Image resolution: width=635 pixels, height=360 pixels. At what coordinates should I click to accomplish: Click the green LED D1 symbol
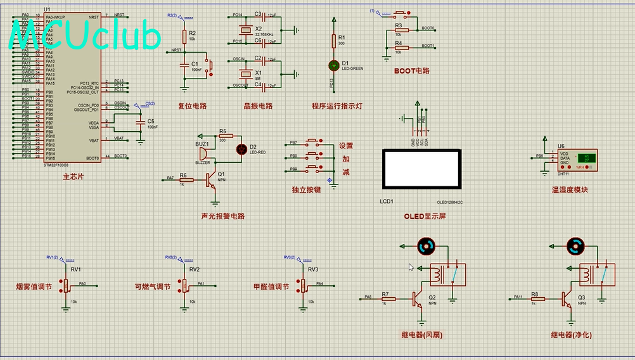pyautogui.click(x=334, y=65)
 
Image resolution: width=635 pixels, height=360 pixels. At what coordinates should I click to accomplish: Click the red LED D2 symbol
pyautogui.click(x=241, y=149)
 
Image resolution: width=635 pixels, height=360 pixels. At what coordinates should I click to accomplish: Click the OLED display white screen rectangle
pyautogui.click(x=421, y=169)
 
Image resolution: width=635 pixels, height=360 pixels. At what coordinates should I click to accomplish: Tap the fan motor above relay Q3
pyautogui.click(x=576, y=246)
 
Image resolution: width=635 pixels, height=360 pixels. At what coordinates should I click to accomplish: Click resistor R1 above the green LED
pyautogui.click(x=334, y=41)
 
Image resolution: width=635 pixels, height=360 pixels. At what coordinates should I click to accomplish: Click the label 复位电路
pyautogui.click(x=192, y=106)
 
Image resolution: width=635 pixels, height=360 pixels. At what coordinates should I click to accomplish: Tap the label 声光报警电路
pyautogui.click(x=222, y=216)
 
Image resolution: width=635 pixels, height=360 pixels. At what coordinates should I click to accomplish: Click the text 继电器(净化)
pyautogui.click(x=571, y=335)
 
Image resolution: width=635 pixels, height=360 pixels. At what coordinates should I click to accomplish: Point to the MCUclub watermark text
pyautogui.click(x=85, y=37)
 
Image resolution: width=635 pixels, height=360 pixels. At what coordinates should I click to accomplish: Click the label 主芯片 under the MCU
pyautogui.click(x=73, y=176)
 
